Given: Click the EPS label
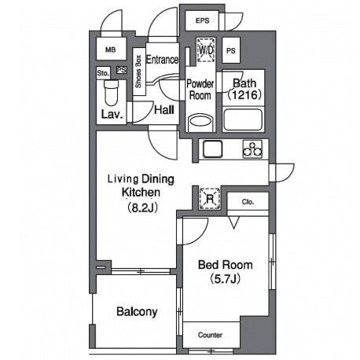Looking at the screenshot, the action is coord(202,20).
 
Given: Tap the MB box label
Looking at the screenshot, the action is coord(110,50).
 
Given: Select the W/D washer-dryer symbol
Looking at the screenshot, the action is coord(207,50).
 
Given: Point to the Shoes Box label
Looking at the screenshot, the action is coord(138,72).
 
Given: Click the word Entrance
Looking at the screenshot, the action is coord(162,60).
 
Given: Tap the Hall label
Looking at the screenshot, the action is coord(164,110).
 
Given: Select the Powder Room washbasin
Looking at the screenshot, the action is coord(200,122).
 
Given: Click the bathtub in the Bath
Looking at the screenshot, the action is coord(243,119).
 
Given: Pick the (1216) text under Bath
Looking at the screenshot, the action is coord(244,95).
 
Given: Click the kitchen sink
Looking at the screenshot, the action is coord(212,149).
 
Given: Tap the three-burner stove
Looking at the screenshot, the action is coord(252,149).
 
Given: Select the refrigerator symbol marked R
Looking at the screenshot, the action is coord(210,199).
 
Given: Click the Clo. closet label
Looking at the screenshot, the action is coord(248,202).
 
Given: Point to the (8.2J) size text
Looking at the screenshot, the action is coord(142,208).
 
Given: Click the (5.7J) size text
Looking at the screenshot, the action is coord(226,279).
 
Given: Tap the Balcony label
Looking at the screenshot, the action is coord(137,312).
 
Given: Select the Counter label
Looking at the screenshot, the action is coord(210,335).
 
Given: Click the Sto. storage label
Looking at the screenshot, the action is coord(103,73).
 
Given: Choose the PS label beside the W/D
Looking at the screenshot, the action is coord(230,50).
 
